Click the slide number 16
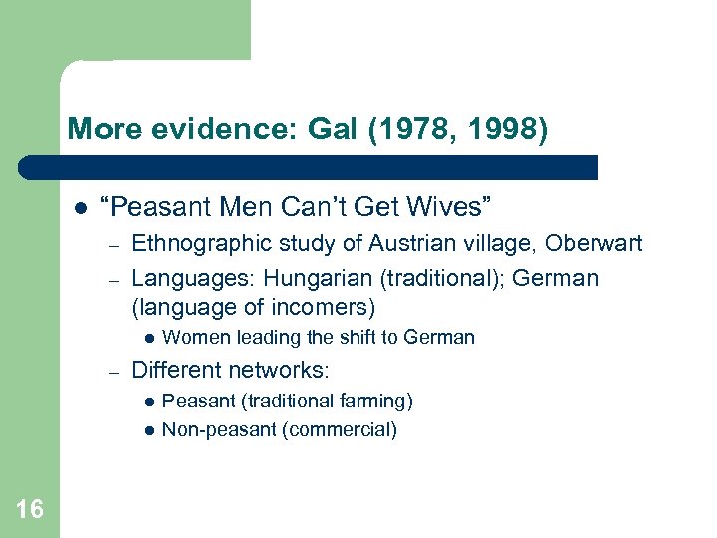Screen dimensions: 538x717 (x=30, y=510)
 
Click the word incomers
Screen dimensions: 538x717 (x=319, y=308)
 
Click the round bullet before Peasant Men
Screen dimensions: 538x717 (x=78, y=207)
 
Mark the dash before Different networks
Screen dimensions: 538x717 (x=115, y=371)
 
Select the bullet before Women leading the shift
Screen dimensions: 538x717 (x=148, y=338)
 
